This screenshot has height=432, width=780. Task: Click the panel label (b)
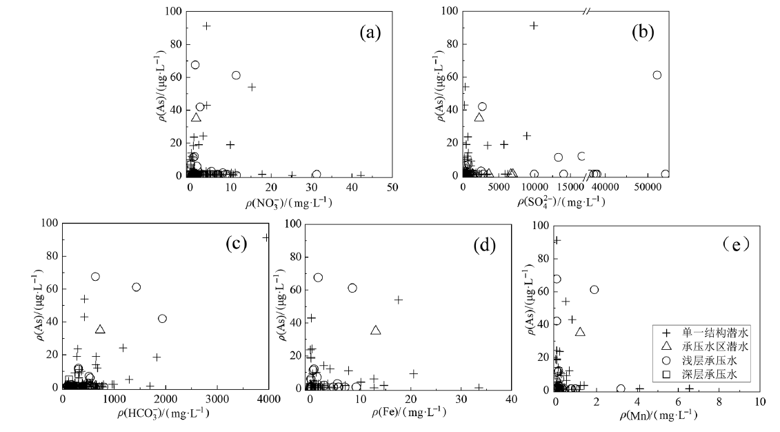[643, 32]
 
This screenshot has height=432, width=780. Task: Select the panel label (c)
[239, 245]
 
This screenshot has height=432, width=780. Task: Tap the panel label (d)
[480, 244]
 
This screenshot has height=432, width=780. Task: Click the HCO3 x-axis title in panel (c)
[166, 414]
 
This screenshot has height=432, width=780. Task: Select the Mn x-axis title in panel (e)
[657, 416]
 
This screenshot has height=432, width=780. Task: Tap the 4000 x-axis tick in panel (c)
[268, 400]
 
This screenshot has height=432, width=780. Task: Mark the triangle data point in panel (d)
[376, 331]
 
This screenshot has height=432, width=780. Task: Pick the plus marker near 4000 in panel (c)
[266, 237]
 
